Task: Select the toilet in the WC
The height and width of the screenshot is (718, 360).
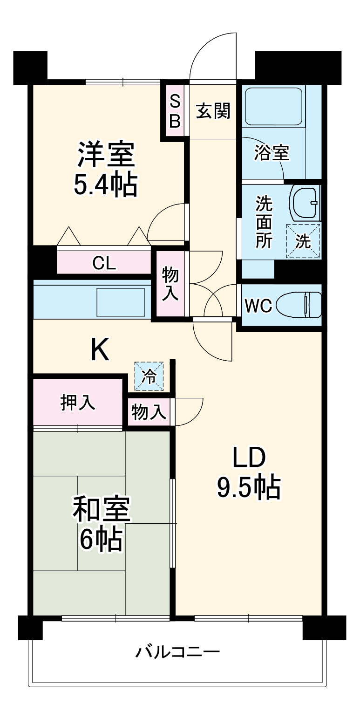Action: pos(298,305)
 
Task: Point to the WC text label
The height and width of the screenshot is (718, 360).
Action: pos(258,306)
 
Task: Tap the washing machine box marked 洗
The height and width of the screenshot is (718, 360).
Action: pos(303,241)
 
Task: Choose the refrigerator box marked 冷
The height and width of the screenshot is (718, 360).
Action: pos(149,376)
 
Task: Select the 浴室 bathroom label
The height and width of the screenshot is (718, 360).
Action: pos(272,152)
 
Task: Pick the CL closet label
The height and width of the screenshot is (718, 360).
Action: pos(104,264)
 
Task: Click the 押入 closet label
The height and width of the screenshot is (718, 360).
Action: pos(78,403)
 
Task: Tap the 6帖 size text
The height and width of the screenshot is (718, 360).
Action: pos(101,540)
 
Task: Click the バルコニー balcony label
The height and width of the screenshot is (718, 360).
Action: pos(177,651)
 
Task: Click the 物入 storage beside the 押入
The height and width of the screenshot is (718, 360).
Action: pos(149,412)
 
